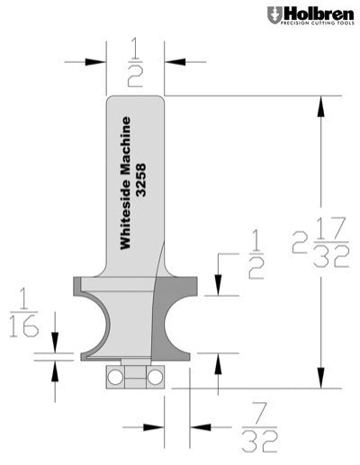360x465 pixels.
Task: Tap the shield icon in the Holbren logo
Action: click(x=274, y=15)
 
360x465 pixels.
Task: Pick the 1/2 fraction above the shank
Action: click(x=135, y=62)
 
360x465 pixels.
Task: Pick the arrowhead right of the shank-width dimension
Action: click(x=173, y=62)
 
